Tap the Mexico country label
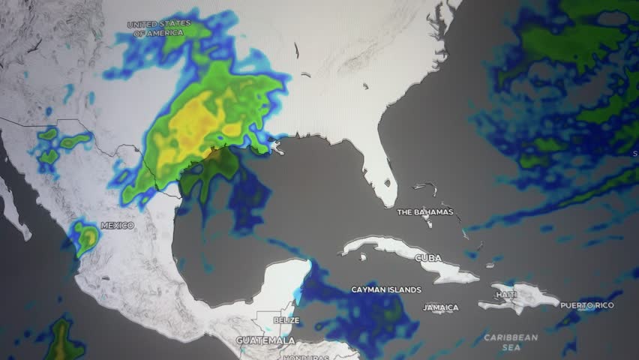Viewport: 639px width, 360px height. point(118,226)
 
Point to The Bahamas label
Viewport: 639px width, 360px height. point(425,212)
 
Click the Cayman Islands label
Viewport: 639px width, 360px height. point(385,289)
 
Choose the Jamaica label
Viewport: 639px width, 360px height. point(440,307)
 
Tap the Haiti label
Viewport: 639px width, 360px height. point(506,295)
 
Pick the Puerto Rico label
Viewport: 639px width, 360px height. point(587,305)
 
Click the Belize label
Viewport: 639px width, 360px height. point(286,320)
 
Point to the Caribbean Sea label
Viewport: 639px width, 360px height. point(511,343)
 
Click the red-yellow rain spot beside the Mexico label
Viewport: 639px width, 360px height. point(88,238)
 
